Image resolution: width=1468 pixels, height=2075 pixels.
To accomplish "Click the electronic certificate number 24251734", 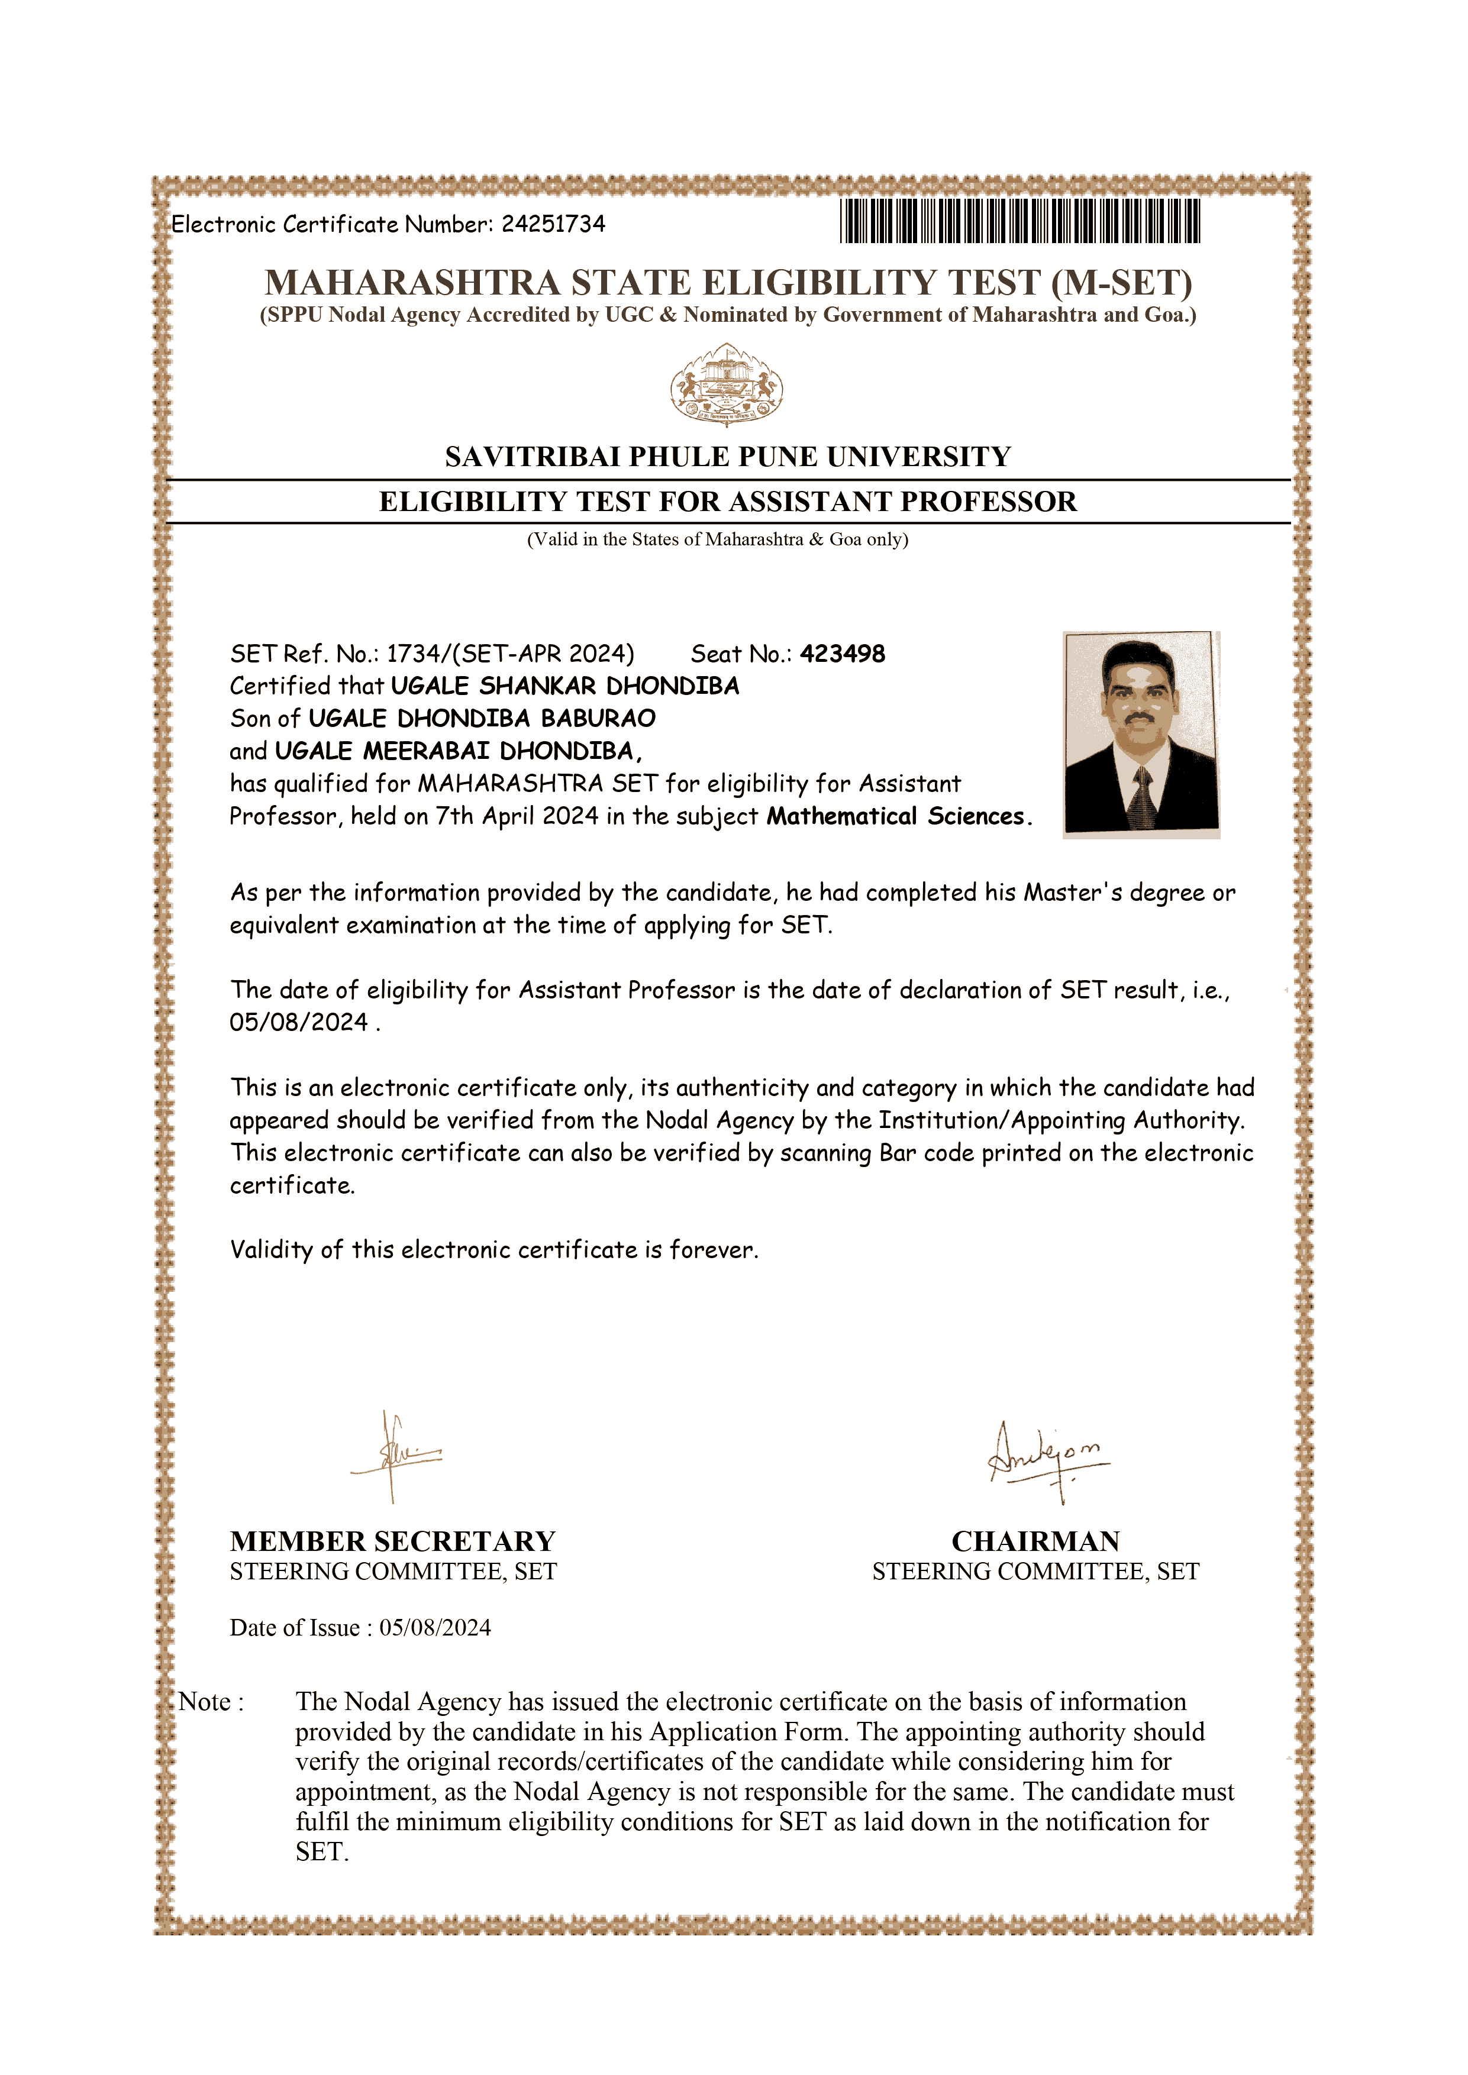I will coord(553,224).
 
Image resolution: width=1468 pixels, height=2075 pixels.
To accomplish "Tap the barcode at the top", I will coord(1019,221).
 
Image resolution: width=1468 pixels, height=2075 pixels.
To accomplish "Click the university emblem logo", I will coord(727,385).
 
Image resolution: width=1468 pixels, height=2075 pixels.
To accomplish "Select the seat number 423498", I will coord(843,654).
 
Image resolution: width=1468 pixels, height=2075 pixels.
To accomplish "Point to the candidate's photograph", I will coord(1141,734).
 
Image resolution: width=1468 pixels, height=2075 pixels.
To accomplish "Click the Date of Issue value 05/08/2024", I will coord(435,1628).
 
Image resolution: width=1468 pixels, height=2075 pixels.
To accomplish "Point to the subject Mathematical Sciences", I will coord(898,817).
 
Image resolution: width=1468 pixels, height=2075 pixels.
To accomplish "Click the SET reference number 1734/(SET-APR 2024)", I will coord(510,654).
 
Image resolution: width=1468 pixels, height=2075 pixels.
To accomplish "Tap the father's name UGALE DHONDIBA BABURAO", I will coord(482,719).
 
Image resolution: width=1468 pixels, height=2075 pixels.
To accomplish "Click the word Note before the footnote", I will coord(205,1702).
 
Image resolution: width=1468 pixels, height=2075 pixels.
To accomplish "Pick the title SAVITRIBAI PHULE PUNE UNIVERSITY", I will coord(728,457).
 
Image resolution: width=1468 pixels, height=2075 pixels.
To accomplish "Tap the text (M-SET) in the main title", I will coord(1121,283).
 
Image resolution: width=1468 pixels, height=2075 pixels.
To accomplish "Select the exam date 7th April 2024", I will coord(516,817).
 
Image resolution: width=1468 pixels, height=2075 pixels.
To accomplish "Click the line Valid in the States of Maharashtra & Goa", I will coord(718,539).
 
